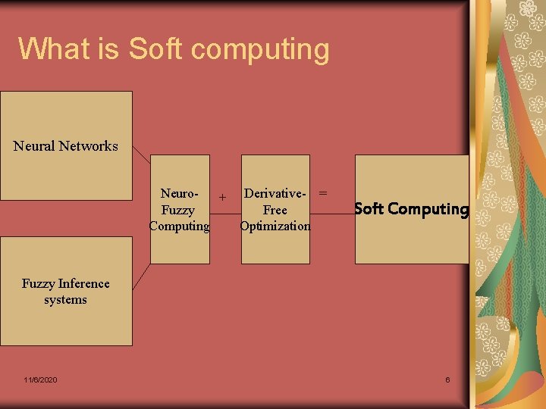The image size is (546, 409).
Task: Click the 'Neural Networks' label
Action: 66,146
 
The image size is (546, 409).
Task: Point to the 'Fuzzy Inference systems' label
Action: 66,292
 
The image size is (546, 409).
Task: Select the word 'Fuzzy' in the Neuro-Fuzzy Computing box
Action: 178,210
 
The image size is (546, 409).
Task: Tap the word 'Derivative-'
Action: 275,194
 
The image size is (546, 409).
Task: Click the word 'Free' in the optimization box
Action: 275,210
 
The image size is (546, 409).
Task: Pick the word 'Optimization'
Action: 275,226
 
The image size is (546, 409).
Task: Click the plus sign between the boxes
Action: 222,198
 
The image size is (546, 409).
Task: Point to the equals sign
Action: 323,193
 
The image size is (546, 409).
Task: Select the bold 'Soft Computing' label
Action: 412,209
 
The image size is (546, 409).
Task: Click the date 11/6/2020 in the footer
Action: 40,379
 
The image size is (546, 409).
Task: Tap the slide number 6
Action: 447,379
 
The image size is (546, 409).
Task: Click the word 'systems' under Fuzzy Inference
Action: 66,300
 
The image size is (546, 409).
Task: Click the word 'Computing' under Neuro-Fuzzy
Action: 179,226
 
